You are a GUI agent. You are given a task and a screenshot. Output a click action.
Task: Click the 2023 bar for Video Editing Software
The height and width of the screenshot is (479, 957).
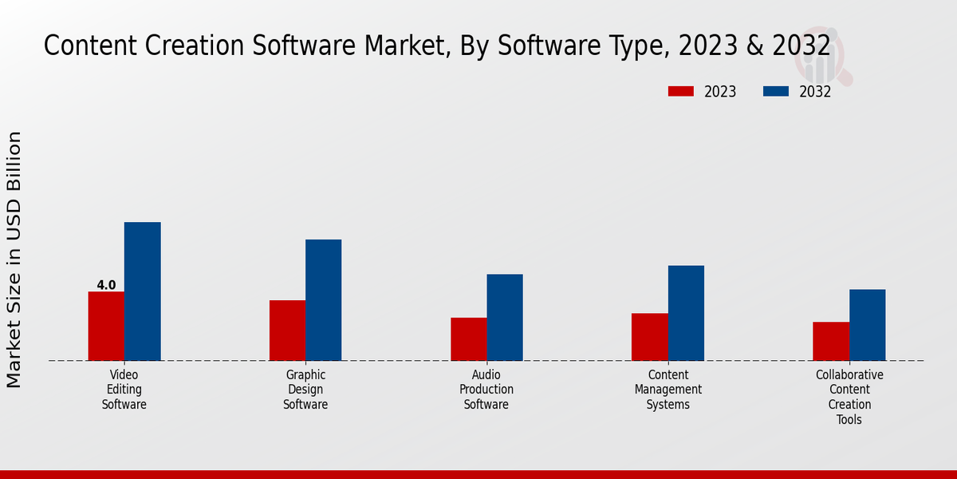click(106, 326)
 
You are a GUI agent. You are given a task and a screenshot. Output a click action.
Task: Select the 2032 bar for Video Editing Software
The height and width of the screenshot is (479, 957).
click(142, 291)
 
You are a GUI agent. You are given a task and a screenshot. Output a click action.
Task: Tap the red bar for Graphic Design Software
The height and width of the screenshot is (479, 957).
click(287, 331)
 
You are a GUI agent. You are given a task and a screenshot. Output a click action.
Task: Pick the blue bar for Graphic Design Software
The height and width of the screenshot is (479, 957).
click(323, 300)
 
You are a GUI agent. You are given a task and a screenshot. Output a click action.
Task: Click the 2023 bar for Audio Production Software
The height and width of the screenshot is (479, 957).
click(468, 339)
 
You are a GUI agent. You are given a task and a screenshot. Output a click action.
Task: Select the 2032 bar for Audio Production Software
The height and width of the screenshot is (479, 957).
click(505, 317)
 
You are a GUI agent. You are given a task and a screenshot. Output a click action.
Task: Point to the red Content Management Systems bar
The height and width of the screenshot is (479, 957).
click(649, 337)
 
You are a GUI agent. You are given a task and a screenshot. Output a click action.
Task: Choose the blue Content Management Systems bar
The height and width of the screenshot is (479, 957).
click(686, 313)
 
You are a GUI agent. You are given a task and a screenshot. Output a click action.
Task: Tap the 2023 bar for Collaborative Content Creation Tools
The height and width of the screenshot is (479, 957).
click(831, 341)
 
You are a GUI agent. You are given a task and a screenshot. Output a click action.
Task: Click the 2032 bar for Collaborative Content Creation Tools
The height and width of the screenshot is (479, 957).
click(867, 325)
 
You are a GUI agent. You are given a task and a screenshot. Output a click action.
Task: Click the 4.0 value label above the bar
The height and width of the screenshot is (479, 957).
click(106, 285)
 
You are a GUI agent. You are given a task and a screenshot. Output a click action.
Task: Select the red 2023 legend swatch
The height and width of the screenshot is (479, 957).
click(680, 91)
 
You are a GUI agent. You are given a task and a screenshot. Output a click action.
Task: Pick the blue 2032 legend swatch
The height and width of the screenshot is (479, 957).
click(775, 91)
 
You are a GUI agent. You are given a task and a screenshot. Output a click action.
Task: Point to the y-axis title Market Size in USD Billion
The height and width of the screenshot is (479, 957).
click(14, 259)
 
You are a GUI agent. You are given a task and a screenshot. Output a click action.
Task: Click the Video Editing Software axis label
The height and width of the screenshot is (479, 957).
click(124, 390)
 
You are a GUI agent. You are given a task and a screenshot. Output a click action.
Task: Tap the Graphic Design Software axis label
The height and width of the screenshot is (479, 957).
click(305, 390)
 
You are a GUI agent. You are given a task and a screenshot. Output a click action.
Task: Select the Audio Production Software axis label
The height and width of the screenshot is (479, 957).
click(486, 390)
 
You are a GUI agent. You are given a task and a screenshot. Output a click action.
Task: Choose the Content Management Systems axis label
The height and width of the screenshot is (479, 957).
click(668, 390)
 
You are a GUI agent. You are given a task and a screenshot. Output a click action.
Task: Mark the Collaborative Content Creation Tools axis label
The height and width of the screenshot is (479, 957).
click(849, 397)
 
